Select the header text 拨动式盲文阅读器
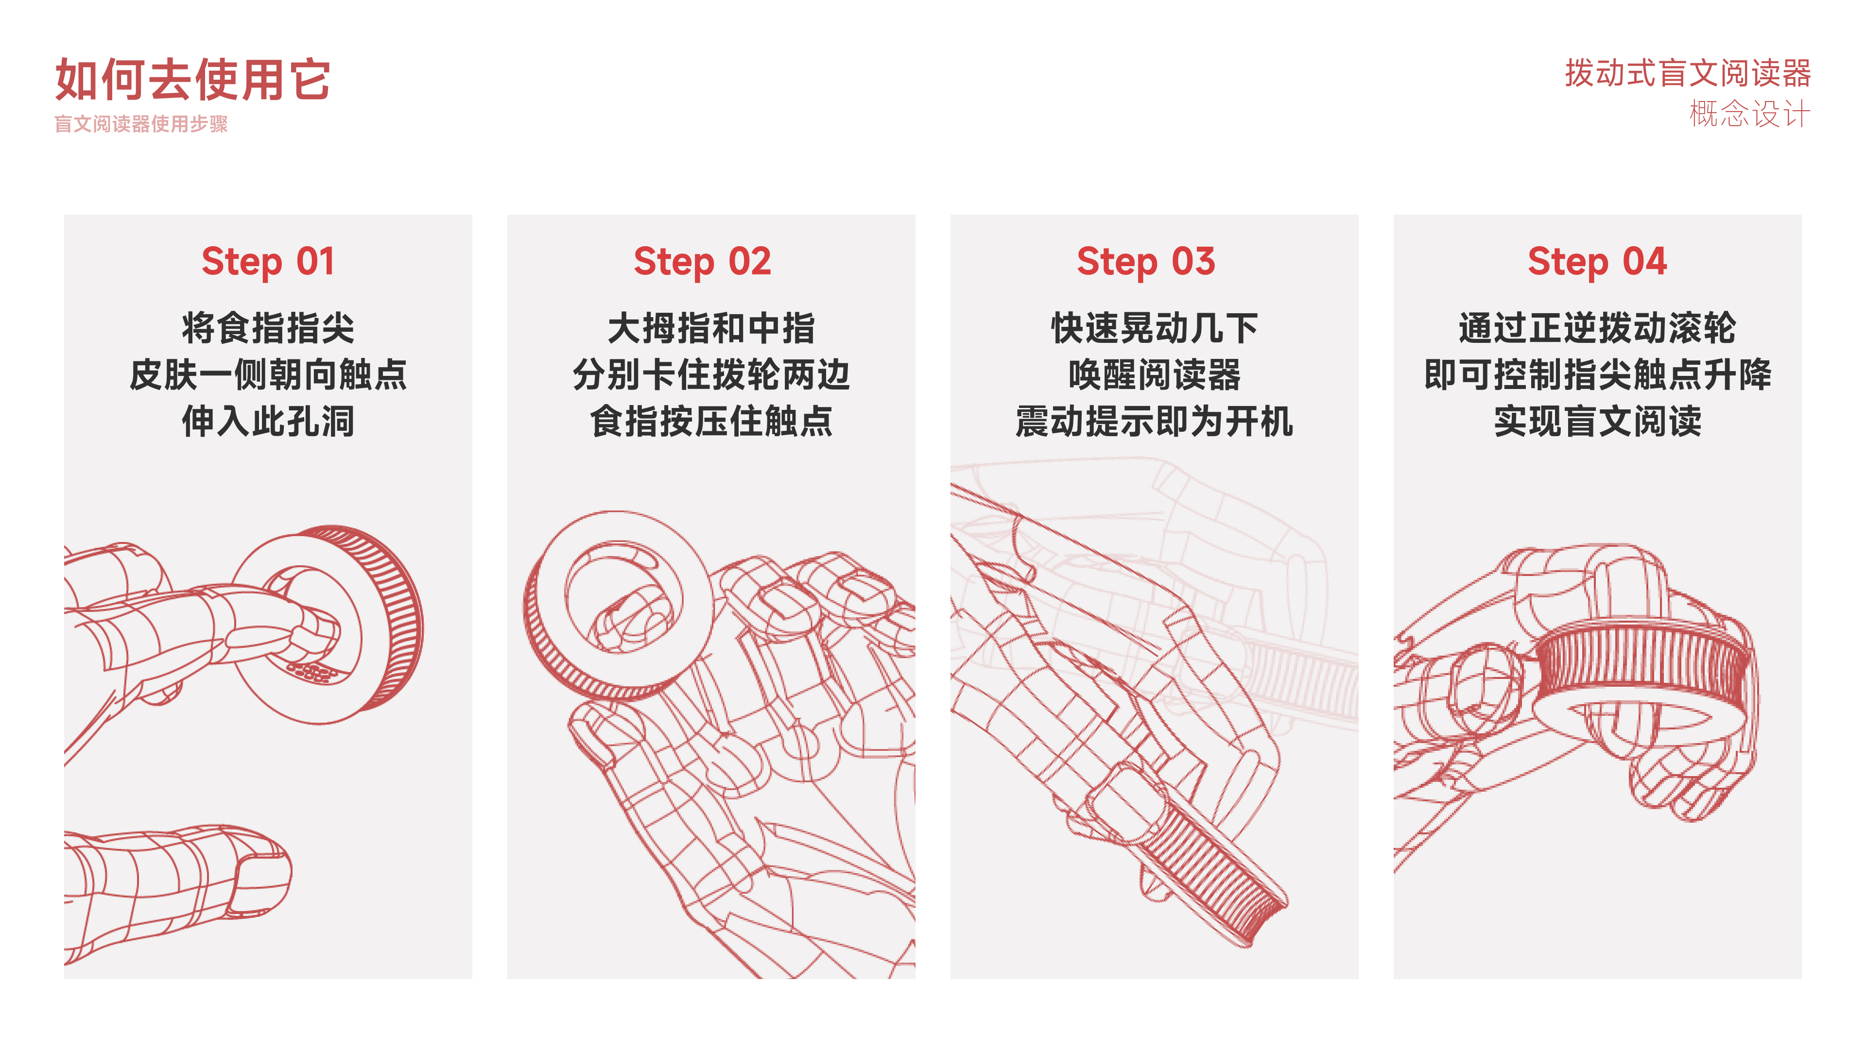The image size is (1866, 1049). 1687,73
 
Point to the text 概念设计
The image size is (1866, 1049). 1749,114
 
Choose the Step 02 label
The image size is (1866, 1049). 702,261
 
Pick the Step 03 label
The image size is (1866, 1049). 1145,261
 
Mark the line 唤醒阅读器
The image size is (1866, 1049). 1154,375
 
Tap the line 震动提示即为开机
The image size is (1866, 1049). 1154,422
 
